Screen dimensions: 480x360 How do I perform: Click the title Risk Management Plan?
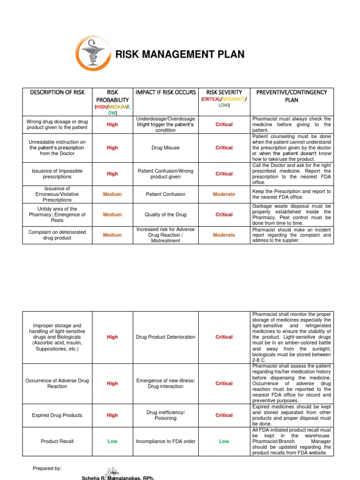(180, 54)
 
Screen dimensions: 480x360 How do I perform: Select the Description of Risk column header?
(57, 92)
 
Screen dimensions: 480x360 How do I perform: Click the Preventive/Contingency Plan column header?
(291, 96)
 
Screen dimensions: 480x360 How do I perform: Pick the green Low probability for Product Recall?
(112, 441)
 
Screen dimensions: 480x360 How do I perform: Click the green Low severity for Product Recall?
(224, 441)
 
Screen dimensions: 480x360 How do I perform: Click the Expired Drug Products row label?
(57, 415)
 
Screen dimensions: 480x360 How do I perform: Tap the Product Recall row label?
(57, 441)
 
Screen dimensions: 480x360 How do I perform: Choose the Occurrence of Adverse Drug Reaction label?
(57, 383)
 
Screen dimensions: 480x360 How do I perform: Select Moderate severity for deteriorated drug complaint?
(224, 235)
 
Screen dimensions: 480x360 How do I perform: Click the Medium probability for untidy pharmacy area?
(112, 215)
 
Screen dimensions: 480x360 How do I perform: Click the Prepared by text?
(47, 468)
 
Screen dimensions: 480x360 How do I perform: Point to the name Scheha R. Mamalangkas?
(118, 477)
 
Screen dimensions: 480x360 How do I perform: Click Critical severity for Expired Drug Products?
(224, 415)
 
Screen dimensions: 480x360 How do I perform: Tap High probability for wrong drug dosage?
(112, 125)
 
